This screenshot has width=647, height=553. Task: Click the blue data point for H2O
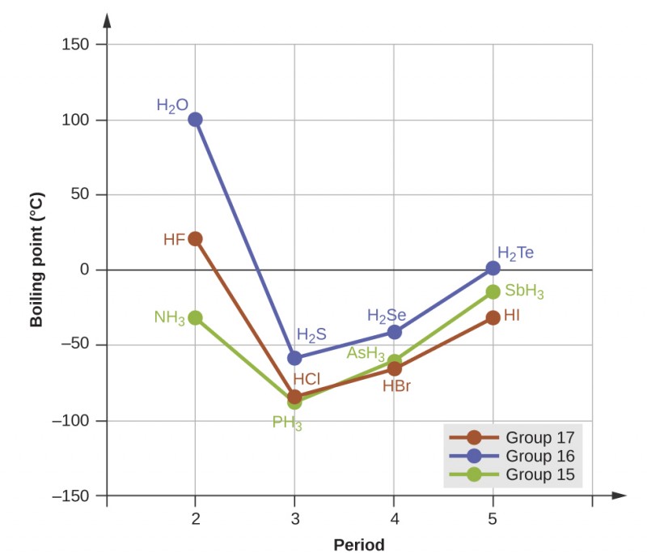point(195,120)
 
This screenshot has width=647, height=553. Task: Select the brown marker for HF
point(195,239)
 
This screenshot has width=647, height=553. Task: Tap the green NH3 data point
point(195,318)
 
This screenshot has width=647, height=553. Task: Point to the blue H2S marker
point(294,358)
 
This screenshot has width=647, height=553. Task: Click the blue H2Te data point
point(493,268)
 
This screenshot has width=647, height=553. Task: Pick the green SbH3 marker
point(493,291)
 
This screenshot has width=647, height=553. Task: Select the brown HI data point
point(493,317)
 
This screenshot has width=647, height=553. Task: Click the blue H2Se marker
point(394,331)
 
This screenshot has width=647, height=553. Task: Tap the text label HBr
point(396,386)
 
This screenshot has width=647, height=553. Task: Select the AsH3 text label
point(366,353)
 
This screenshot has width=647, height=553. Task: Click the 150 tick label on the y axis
point(77,45)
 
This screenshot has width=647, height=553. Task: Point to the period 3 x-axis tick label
point(294,518)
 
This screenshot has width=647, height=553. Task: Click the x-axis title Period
point(359,544)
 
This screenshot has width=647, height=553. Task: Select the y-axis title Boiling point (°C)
point(36,259)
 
